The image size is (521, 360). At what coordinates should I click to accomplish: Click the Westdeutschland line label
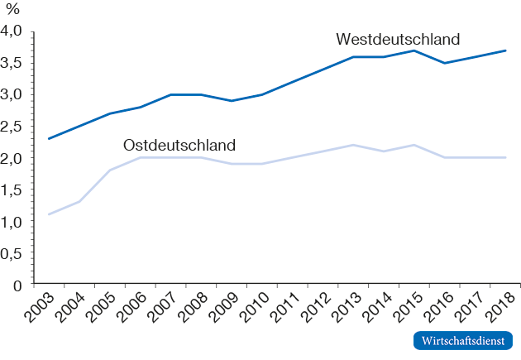pyautogui.click(x=398, y=39)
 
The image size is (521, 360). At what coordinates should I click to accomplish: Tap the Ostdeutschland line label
pyautogui.click(x=179, y=145)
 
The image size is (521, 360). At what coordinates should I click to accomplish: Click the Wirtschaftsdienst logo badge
pyautogui.click(x=462, y=340)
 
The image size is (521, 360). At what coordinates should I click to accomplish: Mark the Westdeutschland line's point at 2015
pyautogui.click(x=413, y=50)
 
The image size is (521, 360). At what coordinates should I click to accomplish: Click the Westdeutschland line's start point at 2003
pyautogui.click(x=50, y=138)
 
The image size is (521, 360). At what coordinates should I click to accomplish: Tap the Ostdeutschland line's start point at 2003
pyautogui.click(x=50, y=214)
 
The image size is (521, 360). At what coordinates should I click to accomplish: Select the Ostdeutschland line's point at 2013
pyautogui.click(x=353, y=145)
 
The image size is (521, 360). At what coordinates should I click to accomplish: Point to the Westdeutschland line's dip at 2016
pyautogui.click(x=444, y=63)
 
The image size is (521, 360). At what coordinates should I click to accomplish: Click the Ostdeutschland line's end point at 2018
pyautogui.click(x=505, y=157)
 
